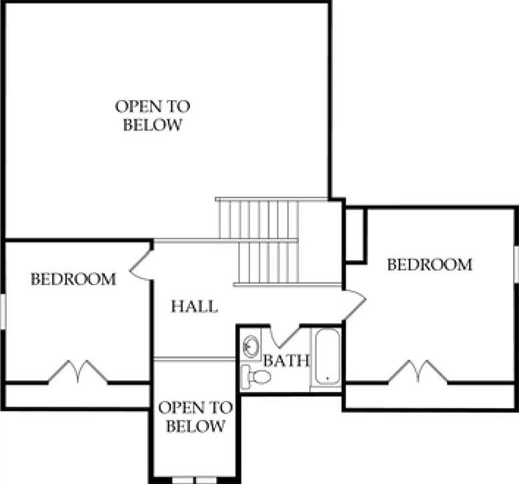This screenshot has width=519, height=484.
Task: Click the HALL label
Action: click(194, 306)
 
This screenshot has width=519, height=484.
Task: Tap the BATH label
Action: click(286, 360)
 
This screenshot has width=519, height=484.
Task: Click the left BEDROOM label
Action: click(73, 279)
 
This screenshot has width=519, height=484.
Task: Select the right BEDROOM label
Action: click(430, 265)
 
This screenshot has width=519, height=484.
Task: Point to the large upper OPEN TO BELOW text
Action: click(153, 115)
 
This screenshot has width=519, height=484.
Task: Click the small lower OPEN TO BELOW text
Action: click(195, 417)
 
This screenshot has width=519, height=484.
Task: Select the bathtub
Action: click(327, 357)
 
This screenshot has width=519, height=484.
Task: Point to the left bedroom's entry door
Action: click(141, 266)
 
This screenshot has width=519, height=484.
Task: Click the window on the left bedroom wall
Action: click(3, 311)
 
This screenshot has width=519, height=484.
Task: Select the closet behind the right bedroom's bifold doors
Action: click(430, 396)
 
